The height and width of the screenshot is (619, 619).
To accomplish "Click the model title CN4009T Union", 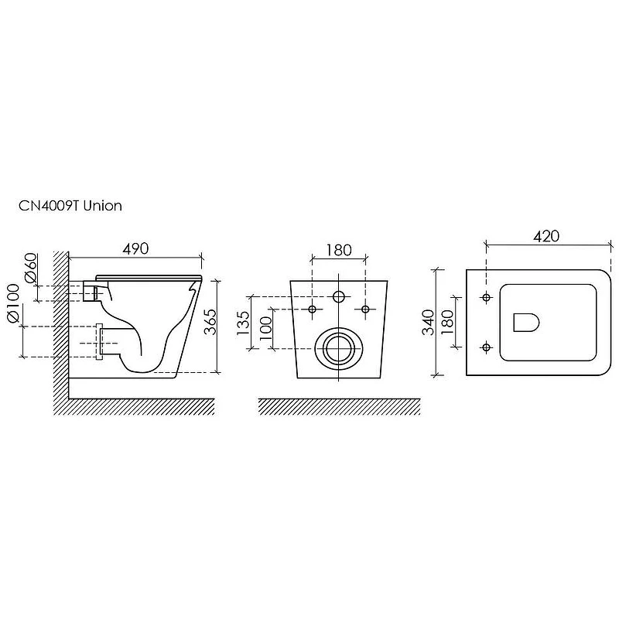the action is coord(70,206).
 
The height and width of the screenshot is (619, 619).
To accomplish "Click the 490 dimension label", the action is coord(135,248).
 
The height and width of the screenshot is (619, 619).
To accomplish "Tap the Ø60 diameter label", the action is coord(31,268).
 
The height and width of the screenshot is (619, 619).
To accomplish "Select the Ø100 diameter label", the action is coord(13,303).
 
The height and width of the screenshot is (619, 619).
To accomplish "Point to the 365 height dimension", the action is coord(210,322).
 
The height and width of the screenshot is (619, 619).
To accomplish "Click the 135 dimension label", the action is coord(243,323).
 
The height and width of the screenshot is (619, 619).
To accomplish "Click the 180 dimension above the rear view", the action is coord(338,250).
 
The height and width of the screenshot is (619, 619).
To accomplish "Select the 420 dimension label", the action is coord(546,236).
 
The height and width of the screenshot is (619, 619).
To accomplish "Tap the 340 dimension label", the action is coord(429,322).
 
